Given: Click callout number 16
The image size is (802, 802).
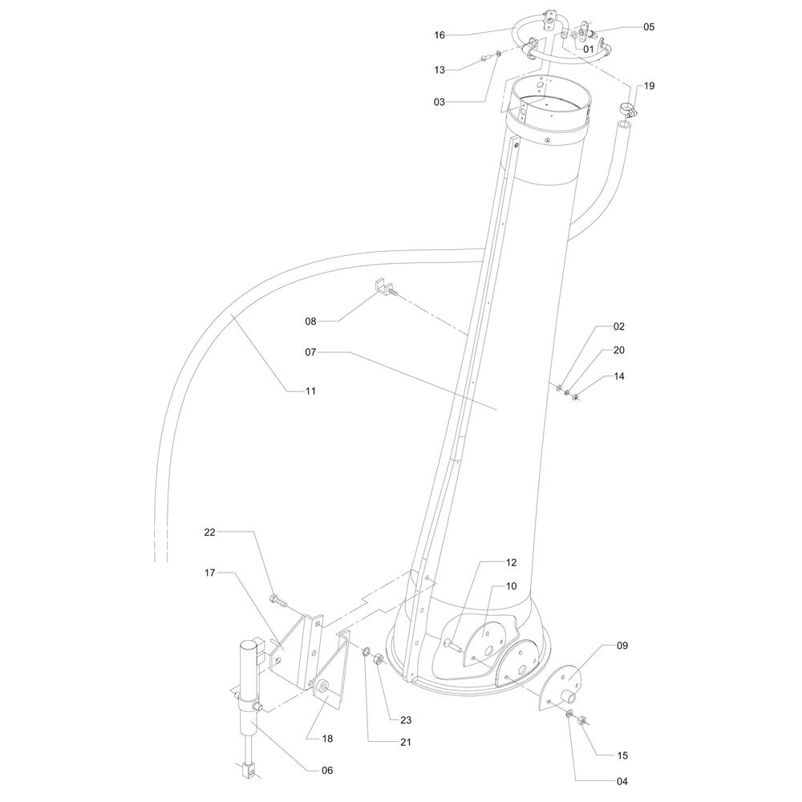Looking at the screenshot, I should [x=439, y=35].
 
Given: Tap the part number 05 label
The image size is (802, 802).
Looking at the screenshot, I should [x=648, y=26].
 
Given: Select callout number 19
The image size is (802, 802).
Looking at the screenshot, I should [x=648, y=85].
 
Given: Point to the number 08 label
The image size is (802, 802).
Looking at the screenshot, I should [x=310, y=321].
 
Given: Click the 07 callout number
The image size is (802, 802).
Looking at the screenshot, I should [x=310, y=351].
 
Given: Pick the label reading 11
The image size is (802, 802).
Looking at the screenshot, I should [x=310, y=391].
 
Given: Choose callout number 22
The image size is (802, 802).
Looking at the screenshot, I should [x=210, y=532].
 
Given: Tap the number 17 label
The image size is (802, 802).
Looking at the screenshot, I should [x=210, y=573].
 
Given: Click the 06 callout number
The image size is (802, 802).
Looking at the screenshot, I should [x=326, y=770].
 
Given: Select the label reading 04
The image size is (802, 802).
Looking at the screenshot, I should [x=622, y=781].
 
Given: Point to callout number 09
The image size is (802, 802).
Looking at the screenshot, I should [x=622, y=645].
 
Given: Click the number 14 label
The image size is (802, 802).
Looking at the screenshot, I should [x=619, y=376].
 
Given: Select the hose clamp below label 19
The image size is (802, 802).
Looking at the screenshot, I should [x=627, y=110].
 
